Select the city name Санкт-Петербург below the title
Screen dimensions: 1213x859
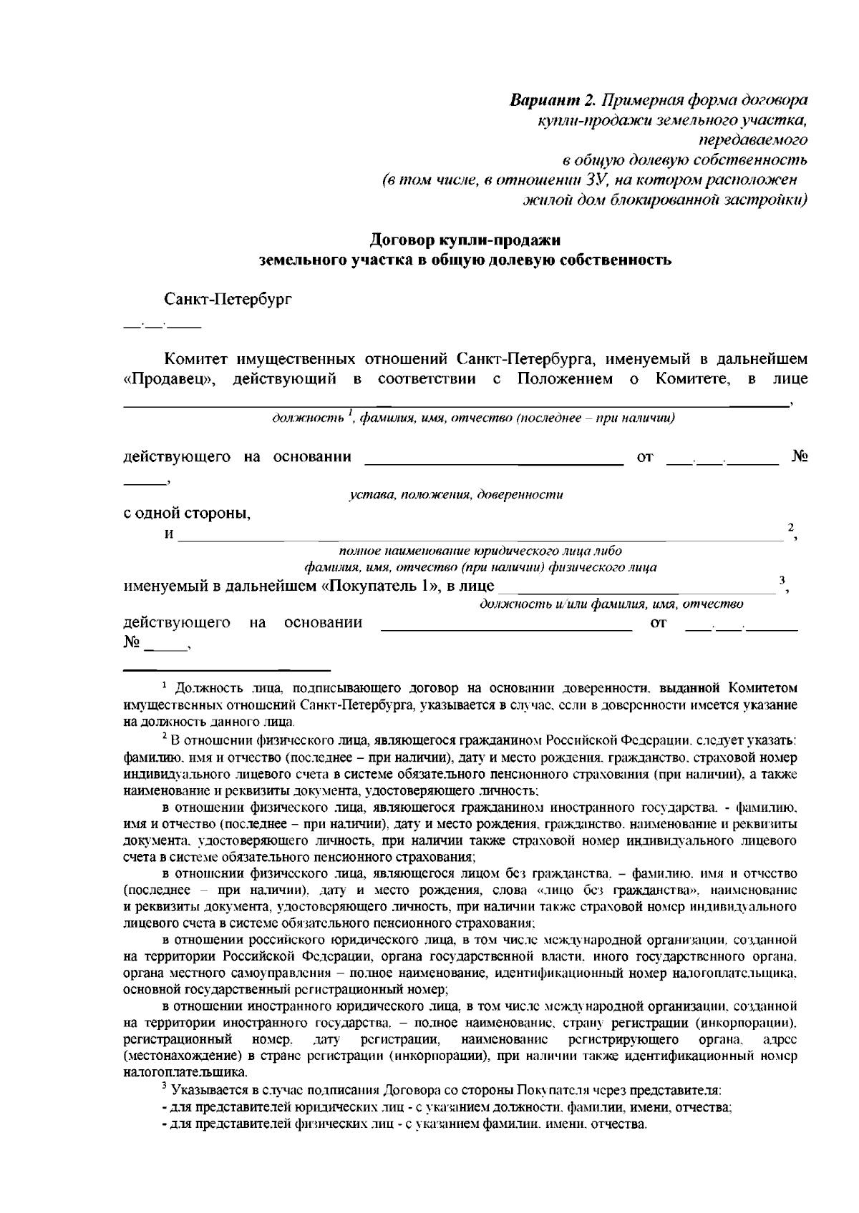coord(228,298)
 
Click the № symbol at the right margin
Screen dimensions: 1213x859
coord(800,456)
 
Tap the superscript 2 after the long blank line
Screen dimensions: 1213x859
coord(790,528)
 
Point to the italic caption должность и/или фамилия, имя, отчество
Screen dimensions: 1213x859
coord(611,604)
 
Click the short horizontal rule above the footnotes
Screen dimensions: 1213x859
coord(227,670)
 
